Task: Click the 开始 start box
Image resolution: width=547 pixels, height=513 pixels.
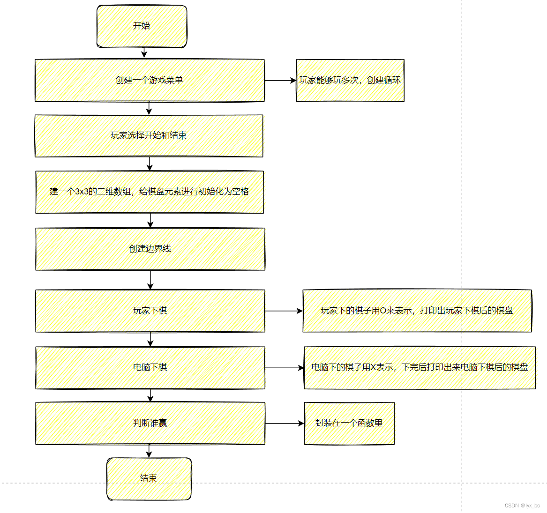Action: tap(142, 26)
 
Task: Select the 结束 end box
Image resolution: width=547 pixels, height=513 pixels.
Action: tap(149, 478)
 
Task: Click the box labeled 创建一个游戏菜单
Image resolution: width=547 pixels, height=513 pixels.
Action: tap(149, 80)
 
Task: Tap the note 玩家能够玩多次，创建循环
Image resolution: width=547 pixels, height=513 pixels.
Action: tap(350, 80)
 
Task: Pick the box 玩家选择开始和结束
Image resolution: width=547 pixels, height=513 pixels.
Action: tap(149, 135)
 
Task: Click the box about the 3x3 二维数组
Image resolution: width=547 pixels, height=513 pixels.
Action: tap(149, 192)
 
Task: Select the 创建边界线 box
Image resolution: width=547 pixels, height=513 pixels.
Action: tap(150, 249)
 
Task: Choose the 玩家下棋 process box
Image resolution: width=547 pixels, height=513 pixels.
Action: tap(150, 311)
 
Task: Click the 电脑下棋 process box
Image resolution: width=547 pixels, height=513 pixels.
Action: tap(150, 367)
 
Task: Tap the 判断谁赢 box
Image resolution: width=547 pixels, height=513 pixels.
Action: tap(150, 423)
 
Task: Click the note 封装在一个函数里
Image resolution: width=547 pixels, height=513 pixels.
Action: tap(349, 423)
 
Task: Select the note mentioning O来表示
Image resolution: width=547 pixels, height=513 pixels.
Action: tap(417, 311)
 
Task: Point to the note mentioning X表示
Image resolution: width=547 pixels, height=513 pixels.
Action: tap(420, 367)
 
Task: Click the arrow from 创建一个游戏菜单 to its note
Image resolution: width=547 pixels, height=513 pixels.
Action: tap(280, 81)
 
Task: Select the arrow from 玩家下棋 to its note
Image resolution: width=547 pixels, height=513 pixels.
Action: tap(284, 311)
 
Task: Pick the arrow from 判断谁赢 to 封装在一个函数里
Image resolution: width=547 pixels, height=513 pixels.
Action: tap(285, 424)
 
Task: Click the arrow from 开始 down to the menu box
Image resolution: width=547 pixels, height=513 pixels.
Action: tap(144, 53)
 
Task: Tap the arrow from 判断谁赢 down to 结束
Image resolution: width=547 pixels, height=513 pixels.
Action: tap(149, 451)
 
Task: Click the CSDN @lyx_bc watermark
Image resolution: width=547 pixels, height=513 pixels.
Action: tap(522, 506)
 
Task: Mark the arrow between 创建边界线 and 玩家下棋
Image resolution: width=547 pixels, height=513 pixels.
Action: tap(150, 280)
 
